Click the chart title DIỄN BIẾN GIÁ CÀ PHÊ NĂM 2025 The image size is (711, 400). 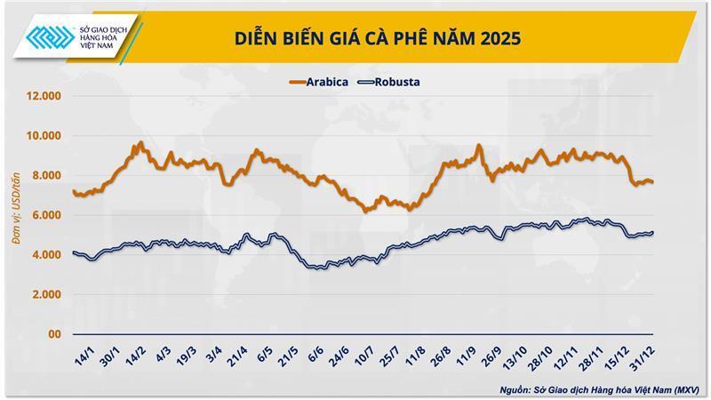378,39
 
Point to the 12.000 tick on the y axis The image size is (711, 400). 42,96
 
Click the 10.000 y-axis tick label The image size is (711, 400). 42,136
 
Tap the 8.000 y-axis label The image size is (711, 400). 44,175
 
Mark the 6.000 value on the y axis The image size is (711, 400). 44,215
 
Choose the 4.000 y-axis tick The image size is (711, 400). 44,255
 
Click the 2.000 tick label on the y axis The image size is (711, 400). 44,294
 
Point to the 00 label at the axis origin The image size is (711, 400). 52,334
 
